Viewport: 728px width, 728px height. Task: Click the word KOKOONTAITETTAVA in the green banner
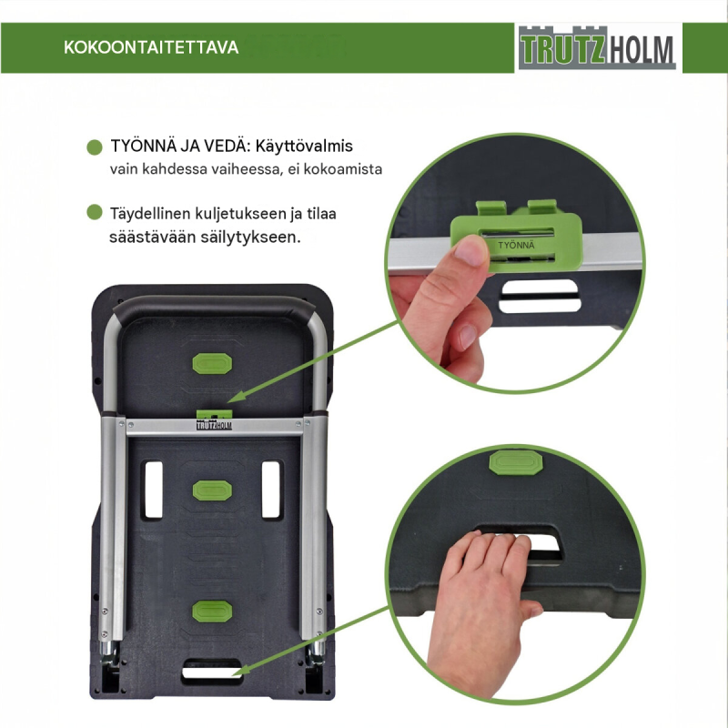click(x=151, y=47)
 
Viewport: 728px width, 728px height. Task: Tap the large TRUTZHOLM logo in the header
click(x=597, y=48)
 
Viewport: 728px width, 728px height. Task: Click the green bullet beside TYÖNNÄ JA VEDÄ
click(x=95, y=147)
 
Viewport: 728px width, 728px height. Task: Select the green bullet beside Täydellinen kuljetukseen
click(x=95, y=212)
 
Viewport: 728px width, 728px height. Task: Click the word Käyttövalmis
click(x=304, y=147)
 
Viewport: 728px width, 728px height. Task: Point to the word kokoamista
click(x=343, y=169)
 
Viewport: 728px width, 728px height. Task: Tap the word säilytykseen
click(x=251, y=238)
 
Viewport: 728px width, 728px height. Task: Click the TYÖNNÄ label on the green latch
click(x=516, y=245)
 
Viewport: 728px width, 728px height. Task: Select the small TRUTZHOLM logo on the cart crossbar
click(x=214, y=425)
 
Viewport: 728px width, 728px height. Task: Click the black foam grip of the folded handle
click(x=214, y=308)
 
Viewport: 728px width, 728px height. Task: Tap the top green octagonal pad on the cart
click(x=212, y=363)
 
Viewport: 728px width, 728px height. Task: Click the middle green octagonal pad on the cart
click(x=212, y=490)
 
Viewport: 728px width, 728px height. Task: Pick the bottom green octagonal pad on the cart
click(x=212, y=611)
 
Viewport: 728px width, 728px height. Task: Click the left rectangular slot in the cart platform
click(x=153, y=490)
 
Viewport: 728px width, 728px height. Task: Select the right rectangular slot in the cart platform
click(x=271, y=490)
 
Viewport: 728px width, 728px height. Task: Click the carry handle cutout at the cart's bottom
click(x=212, y=672)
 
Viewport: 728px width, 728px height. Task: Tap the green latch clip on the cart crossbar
click(x=214, y=414)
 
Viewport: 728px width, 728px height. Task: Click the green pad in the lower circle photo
click(x=516, y=462)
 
